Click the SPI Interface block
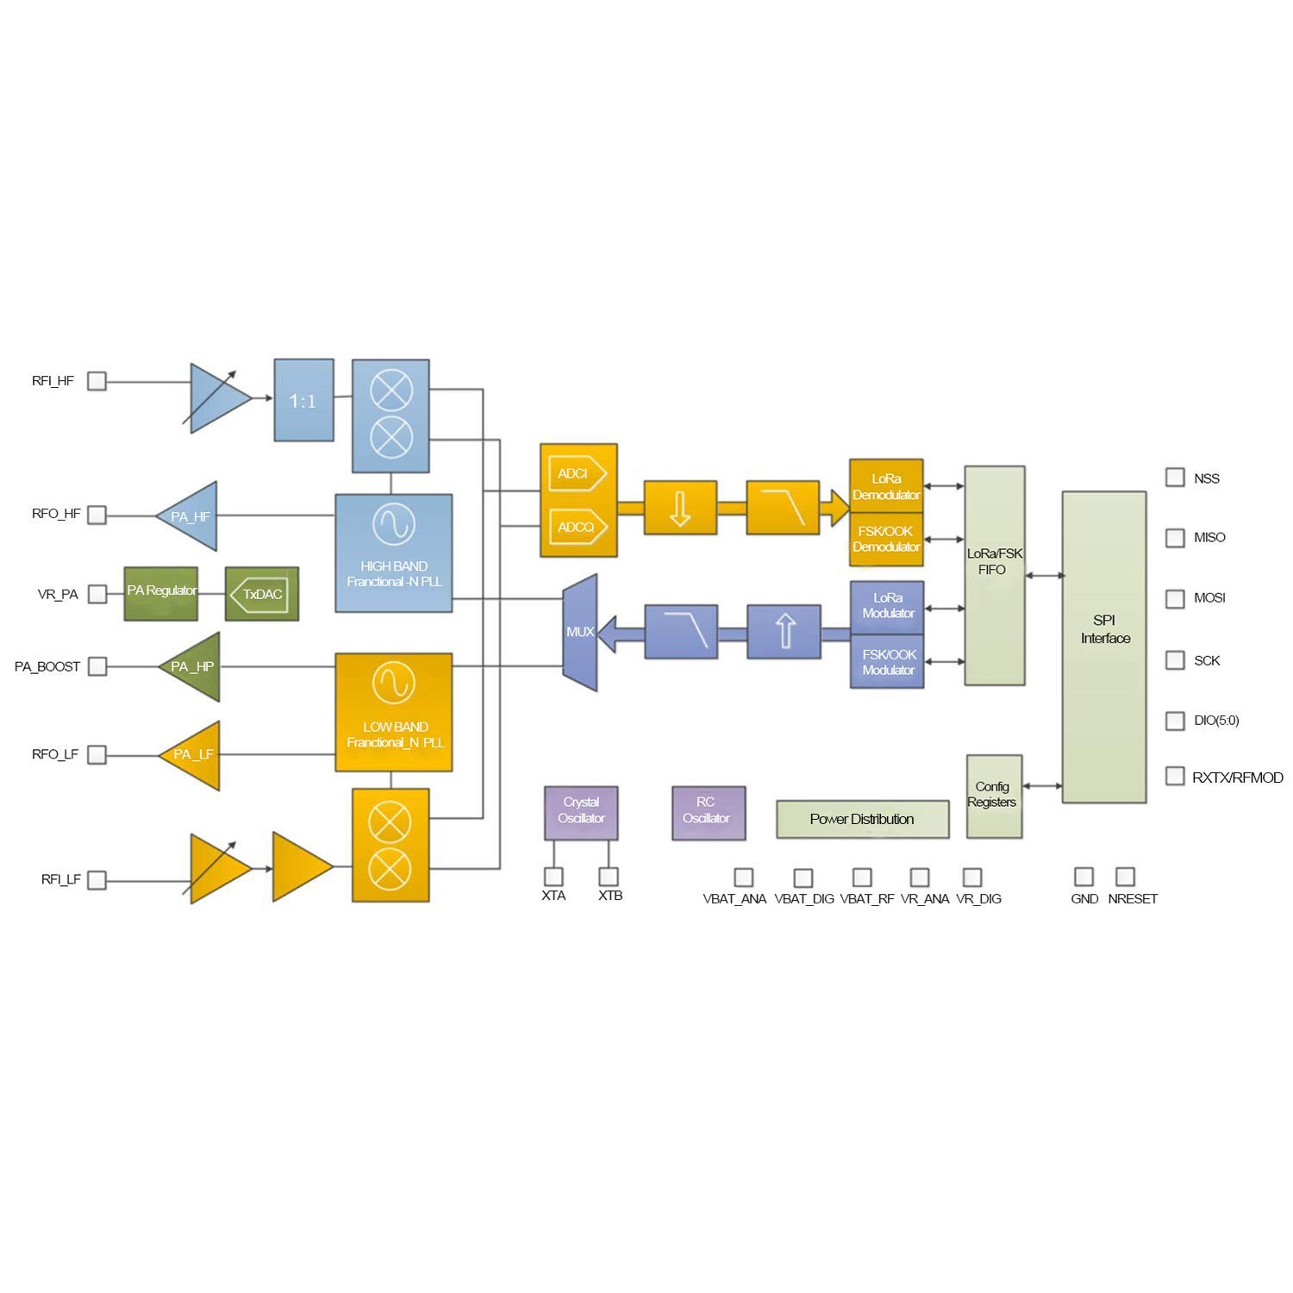pos(1104,646)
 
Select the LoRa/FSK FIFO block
pos(995,576)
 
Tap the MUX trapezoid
pos(580,633)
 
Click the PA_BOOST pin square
pos(97,666)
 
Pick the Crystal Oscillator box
pos(581,811)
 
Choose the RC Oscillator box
pos(709,812)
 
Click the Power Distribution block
pos(862,819)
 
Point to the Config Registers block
pos(994,796)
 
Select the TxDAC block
pos(262,594)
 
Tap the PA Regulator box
pos(161,593)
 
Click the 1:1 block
pos(303,401)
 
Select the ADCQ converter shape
pos(578,527)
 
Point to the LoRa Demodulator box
pos(886,486)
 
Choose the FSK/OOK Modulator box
pos(887,662)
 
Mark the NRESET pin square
pos(1125,877)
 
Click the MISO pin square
pos(1175,538)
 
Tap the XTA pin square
pos(553,877)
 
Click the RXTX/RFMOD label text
pos(1238,778)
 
